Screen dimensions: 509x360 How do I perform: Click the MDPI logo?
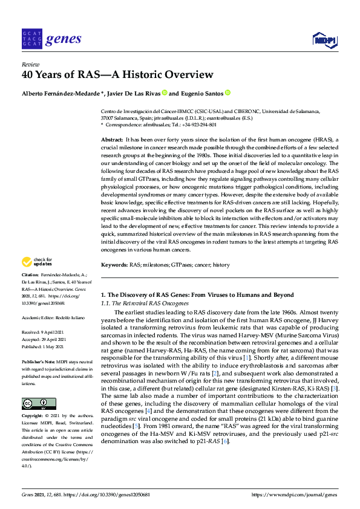coord(323,40)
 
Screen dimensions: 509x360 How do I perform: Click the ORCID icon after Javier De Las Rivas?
coord(164,94)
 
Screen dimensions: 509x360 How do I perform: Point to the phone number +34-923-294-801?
coord(199,125)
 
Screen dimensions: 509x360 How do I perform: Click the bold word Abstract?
coord(112,140)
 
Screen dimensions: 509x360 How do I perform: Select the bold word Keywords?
coord(114,265)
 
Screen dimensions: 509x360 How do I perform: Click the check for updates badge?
coord(37,262)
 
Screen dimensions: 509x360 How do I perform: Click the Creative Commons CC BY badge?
coord(39,387)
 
